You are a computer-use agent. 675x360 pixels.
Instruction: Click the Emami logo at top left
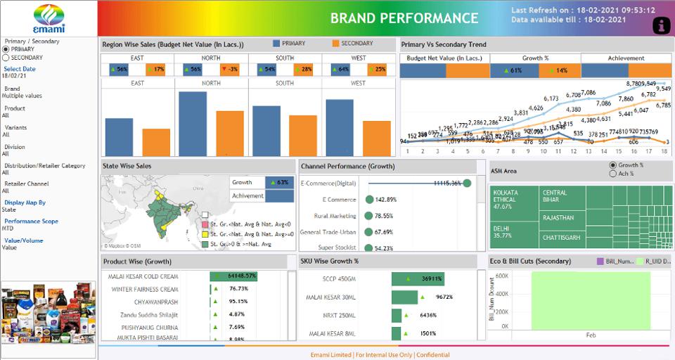pos(49,18)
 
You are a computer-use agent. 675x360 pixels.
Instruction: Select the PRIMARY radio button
pos(6,49)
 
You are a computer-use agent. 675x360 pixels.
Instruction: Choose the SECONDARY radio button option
pos(6,58)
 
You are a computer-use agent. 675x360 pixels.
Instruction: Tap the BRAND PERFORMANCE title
pos(404,18)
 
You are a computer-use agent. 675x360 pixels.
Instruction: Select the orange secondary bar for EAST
pos(156,142)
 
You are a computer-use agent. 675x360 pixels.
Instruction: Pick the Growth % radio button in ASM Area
pos(613,165)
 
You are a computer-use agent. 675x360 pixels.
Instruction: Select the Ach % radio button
pos(613,174)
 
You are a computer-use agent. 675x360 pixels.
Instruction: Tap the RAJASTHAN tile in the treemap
pos(558,218)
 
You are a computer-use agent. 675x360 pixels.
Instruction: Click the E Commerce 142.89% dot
pos(369,200)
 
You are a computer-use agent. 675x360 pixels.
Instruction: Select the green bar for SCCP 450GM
pos(418,279)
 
